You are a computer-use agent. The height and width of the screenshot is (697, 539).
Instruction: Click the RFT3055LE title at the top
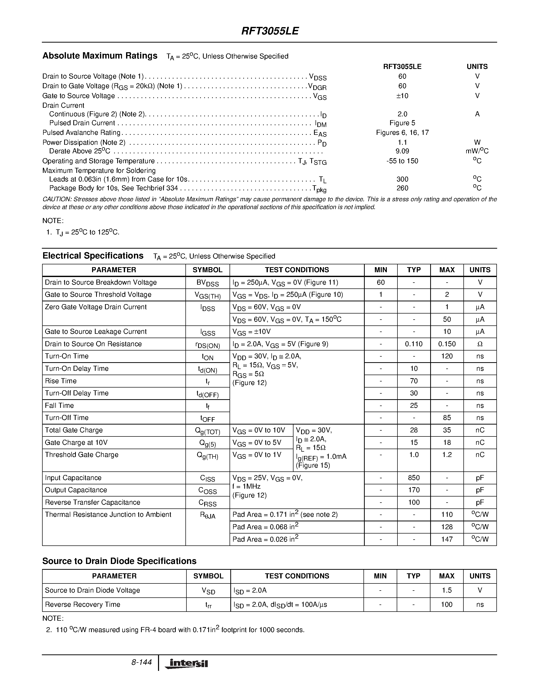270,31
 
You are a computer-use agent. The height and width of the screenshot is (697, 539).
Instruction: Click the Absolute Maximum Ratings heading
100,56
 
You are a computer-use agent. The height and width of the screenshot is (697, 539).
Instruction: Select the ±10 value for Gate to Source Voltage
402,96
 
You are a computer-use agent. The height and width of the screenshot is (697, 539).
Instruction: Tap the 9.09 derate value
402,151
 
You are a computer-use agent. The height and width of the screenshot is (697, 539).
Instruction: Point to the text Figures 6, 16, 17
402,133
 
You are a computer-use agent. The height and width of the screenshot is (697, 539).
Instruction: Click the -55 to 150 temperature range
402,161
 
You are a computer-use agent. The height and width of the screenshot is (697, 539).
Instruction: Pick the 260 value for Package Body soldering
402,188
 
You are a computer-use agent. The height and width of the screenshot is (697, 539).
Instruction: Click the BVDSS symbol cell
207,283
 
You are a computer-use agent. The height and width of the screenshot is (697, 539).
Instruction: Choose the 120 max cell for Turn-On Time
447,356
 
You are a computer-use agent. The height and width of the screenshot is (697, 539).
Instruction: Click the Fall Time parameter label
59,406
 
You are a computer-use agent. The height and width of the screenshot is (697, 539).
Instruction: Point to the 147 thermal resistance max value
447,539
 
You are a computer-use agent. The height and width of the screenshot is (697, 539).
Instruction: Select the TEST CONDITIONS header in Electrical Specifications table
297,270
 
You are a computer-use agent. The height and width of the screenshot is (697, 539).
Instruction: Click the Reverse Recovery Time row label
83,604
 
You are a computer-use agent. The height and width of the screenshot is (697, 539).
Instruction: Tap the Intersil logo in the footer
187,664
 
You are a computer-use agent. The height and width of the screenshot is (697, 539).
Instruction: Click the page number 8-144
141,663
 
